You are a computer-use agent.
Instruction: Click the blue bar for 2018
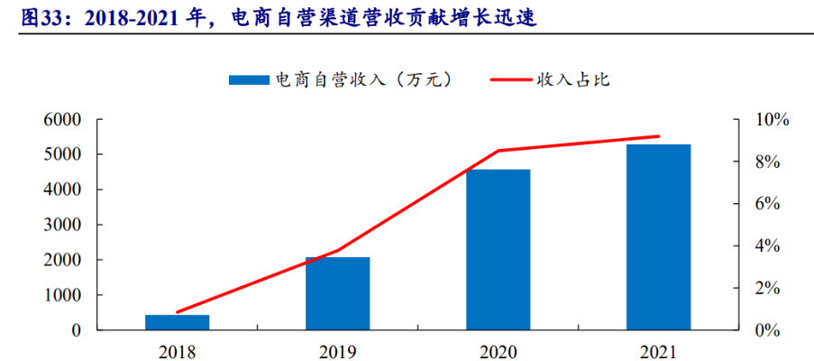[177, 322]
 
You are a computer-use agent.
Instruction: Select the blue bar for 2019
[337, 293]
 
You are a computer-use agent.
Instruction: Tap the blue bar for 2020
[498, 249]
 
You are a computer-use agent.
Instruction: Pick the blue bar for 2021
[658, 236]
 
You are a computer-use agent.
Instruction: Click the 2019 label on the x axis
[337, 350]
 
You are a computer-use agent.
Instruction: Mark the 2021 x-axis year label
[658, 350]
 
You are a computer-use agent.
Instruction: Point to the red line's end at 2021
[659, 136]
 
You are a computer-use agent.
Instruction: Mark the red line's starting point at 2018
[177, 312]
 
